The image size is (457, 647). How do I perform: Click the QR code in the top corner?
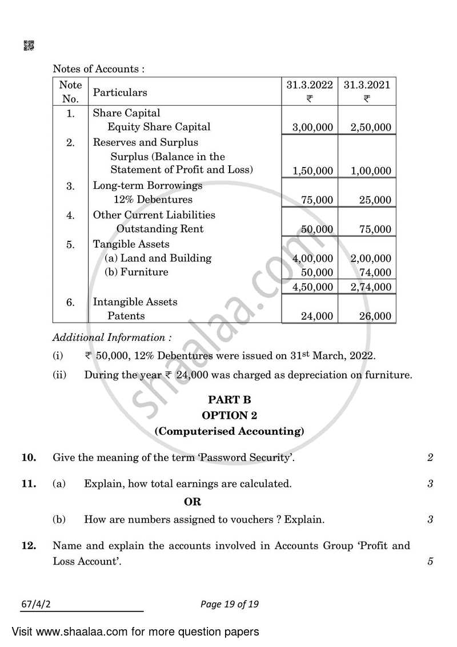click(29, 46)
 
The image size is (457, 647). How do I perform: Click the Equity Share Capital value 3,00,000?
click(312, 128)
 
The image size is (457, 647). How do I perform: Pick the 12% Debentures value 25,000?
click(375, 200)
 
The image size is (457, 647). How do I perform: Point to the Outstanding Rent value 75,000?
click(375, 229)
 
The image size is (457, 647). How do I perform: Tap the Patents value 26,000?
click(375, 316)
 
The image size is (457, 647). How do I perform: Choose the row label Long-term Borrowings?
click(147, 186)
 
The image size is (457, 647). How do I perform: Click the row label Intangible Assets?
click(135, 302)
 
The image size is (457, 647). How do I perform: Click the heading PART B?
click(228, 400)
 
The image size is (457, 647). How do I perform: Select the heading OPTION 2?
click(228, 415)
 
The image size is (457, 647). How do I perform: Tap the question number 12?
click(29, 546)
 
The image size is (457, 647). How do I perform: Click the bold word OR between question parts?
click(193, 502)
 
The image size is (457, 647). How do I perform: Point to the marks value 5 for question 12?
click(430, 562)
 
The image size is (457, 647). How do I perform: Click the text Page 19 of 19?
click(228, 604)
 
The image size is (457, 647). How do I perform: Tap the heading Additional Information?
click(111, 338)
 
